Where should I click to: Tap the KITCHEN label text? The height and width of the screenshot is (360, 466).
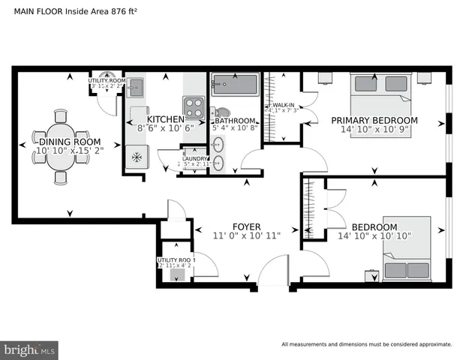[165, 119]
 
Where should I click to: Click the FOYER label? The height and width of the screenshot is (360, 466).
[246, 225]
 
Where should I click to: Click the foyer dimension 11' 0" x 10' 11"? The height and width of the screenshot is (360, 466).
[246, 235]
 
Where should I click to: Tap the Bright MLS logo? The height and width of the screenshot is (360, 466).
[30, 349]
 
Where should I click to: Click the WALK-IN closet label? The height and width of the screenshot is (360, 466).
[283, 105]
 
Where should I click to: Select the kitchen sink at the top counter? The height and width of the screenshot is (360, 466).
[135, 88]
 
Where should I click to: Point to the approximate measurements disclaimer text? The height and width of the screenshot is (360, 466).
[366, 345]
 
